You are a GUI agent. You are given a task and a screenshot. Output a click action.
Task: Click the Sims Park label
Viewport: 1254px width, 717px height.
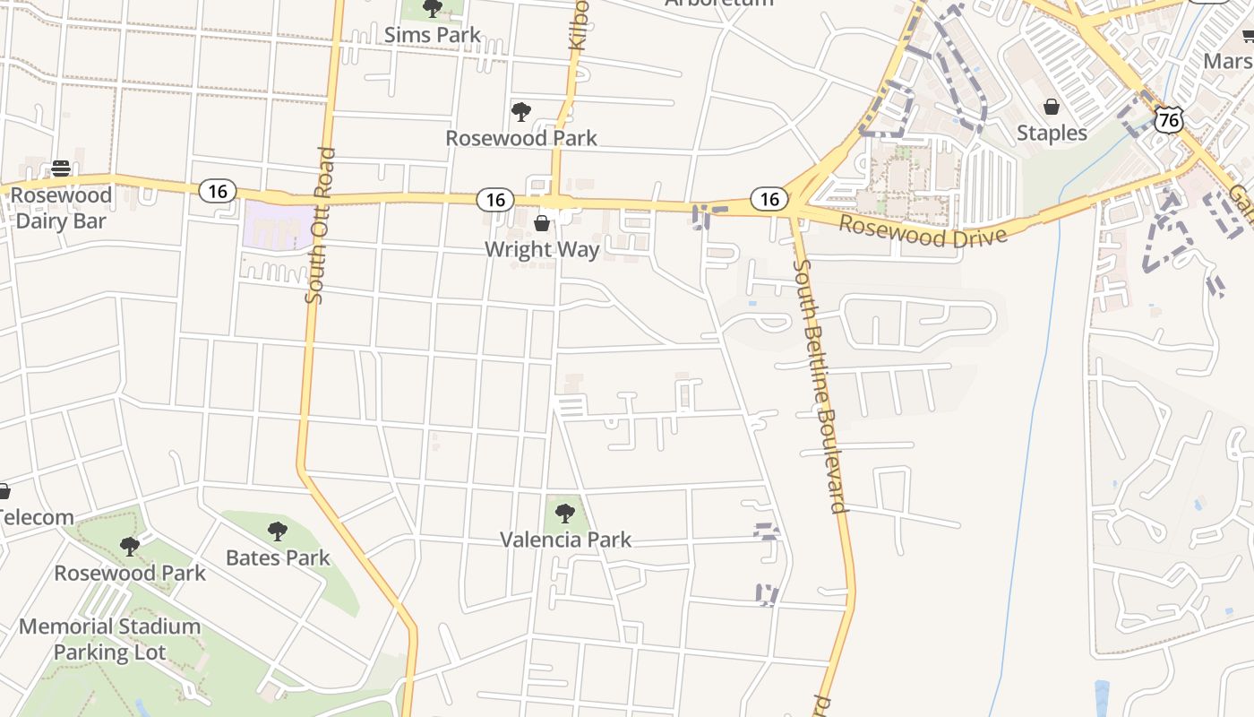pyautogui.click(x=432, y=35)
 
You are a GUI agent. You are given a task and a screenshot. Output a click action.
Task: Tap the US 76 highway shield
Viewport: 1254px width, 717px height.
pyautogui.click(x=1169, y=119)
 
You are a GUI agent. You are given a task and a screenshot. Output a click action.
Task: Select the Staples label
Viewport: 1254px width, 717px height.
pyautogui.click(x=1052, y=133)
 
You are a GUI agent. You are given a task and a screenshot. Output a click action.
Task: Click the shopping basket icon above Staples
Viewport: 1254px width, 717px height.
pyautogui.click(x=1052, y=107)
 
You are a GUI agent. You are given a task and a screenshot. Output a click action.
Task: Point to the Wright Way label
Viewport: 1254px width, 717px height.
pyautogui.click(x=541, y=248)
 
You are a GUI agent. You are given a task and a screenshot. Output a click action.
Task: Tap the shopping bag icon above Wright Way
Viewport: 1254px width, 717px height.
pyautogui.click(x=542, y=222)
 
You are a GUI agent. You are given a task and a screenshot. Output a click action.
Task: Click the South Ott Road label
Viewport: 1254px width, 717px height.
pyautogui.click(x=320, y=226)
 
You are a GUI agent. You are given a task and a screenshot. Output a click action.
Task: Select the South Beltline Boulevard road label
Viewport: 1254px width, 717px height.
pyautogui.click(x=820, y=385)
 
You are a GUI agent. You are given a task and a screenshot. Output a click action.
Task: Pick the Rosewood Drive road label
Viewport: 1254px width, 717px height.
pyautogui.click(x=923, y=231)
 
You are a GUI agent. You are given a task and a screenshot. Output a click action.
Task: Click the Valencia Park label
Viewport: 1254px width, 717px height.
pyautogui.click(x=565, y=540)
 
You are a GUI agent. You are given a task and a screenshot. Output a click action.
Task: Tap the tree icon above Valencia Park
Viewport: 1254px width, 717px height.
pyautogui.click(x=564, y=513)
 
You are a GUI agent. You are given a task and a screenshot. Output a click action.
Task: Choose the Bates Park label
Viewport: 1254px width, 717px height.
pyautogui.click(x=278, y=557)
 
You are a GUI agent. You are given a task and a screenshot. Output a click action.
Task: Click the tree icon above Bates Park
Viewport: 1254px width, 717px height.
pyautogui.click(x=278, y=531)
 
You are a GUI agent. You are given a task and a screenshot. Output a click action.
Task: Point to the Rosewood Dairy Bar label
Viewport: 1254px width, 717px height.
pyautogui.click(x=61, y=208)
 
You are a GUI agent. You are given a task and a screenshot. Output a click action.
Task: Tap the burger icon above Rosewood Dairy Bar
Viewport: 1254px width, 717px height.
pyautogui.click(x=61, y=168)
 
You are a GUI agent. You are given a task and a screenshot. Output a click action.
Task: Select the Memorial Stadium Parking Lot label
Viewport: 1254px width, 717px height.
pyautogui.click(x=109, y=639)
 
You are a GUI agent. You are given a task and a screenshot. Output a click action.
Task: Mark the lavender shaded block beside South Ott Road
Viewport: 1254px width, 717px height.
pyautogui.click(x=278, y=224)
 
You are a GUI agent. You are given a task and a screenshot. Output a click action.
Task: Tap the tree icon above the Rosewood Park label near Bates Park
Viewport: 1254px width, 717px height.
pyautogui.click(x=130, y=546)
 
